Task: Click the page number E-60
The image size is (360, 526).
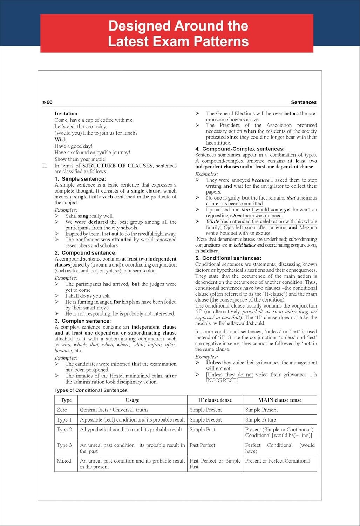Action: point(47,102)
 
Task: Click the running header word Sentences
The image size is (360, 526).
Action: point(304,102)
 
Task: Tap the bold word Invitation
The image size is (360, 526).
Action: point(66,113)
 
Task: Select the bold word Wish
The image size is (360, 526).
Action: point(60,139)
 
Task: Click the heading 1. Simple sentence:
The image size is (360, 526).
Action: point(80,179)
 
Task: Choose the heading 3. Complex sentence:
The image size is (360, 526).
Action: point(82,321)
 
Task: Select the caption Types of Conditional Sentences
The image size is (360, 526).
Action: point(91,390)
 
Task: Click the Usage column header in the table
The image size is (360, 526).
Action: point(132,400)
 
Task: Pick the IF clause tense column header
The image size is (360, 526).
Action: point(215,400)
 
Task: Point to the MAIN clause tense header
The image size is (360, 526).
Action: point(280,400)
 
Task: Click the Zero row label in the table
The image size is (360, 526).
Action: point(62,410)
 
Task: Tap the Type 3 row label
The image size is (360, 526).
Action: point(64,445)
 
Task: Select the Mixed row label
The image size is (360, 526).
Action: point(64,461)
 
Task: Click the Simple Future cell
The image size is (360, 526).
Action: point(260,419)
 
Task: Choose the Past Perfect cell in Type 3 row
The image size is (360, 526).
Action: point(202,445)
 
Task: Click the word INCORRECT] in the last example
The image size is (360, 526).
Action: point(222,380)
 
